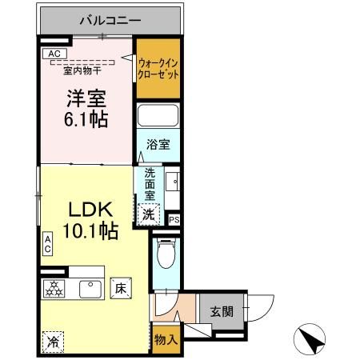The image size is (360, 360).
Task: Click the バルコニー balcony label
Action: [x=110, y=19]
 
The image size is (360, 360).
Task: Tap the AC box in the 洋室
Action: [x=54, y=54]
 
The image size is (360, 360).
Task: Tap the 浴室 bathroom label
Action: [x=157, y=145]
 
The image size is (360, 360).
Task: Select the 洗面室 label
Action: [x=150, y=183]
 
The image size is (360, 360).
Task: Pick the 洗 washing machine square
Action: [x=147, y=214]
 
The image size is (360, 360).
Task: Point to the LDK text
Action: [x=86, y=210]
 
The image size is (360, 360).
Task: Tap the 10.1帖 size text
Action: [x=92, y=232]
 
